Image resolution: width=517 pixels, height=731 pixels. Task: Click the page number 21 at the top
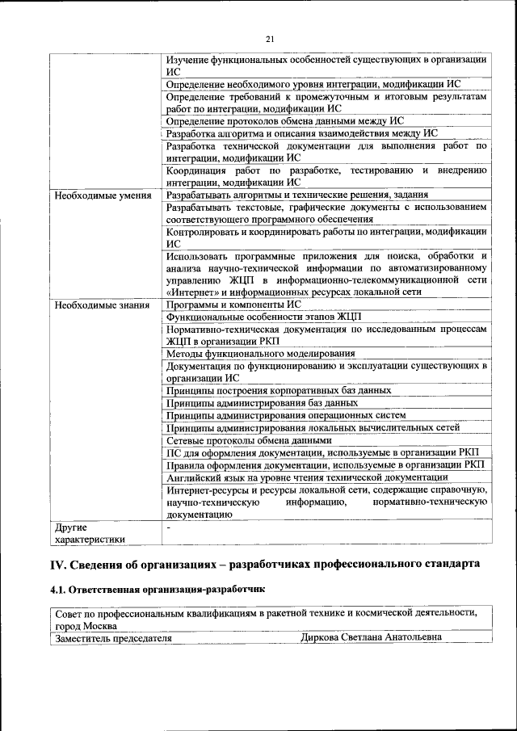pyautogui.click(x=270, y=39)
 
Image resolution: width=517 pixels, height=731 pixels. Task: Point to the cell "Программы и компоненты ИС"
pyautogui.click(x=233, y=305)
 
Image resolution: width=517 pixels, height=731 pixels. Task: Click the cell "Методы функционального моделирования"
pyautogui.click(x=260, y=353)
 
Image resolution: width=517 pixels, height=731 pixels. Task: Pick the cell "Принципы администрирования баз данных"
pyautogui.click(x=263, y=402)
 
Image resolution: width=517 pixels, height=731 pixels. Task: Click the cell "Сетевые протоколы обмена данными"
pyautogui.click(x=249, y=440)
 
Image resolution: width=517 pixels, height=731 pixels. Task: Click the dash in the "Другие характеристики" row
pyautogui.click(x=168, y=527)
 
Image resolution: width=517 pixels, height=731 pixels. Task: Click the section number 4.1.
pyautogui.click(x=59, y=590)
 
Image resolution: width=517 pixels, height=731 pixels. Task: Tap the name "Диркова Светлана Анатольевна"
pyautogui.click(x=371, y=638)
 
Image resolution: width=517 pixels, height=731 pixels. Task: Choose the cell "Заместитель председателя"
pyautogui.click(x=114, y=638)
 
